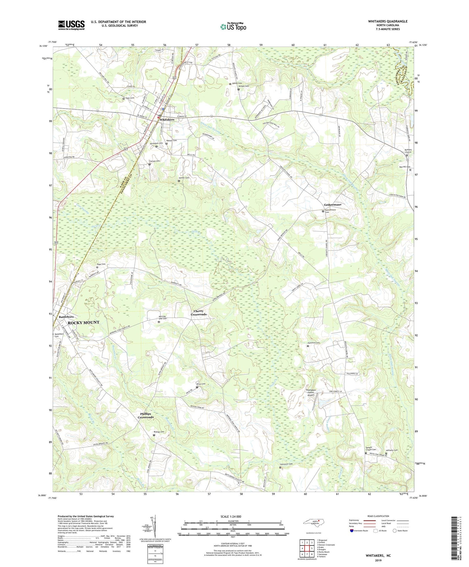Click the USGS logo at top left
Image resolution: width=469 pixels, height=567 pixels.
[x=71, y=25]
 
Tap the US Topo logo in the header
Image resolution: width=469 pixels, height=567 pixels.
[x=233, y=27]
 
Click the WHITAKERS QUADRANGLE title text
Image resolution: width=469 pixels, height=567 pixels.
[x=387, y=21]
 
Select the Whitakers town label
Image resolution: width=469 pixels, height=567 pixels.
[x=167, y=120]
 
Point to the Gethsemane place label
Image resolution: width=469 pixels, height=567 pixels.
[x=332, y=205]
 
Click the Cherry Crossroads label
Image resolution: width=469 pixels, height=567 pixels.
[x=199, y=313]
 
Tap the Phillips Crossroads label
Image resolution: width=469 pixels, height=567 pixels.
[x=146, y=416]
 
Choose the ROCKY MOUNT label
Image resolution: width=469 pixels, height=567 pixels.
[x=83, y=322]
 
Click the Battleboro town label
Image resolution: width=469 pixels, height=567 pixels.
[x=66, y=317]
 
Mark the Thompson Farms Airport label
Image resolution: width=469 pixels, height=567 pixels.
[x=310, y=392]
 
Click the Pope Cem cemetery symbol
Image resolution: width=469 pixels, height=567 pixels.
[x=97, y=267]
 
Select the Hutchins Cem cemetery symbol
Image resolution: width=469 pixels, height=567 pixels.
[x=307, y=346]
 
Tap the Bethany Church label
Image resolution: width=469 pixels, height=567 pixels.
[x=408, y=151]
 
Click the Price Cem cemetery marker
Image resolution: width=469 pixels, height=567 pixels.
[x=197, y=387]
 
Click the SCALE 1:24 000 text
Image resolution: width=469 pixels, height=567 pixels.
[x=233, y=516]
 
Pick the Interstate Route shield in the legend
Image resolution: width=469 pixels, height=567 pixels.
[x=352, y=530]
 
